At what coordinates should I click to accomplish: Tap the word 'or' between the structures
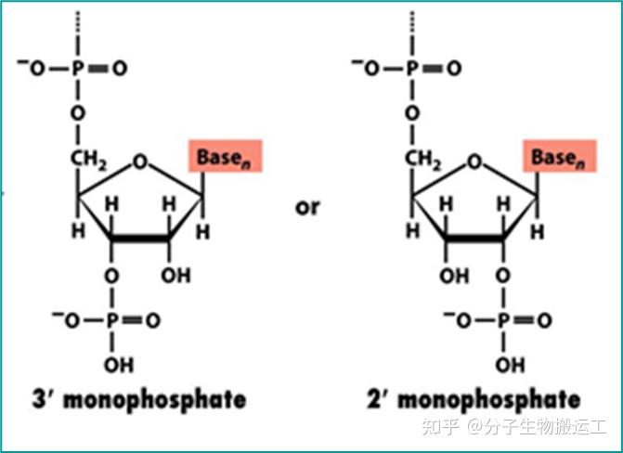[x=307, y=205]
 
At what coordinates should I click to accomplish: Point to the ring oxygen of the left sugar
[x=140, y=162]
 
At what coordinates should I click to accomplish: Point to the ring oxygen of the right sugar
[x=475, y=162]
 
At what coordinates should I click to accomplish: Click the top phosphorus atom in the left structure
[x=80, y=68]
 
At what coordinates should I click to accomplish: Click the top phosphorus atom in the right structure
[x=415, y=68]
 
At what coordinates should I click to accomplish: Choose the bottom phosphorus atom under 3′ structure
[x=113, y=320]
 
